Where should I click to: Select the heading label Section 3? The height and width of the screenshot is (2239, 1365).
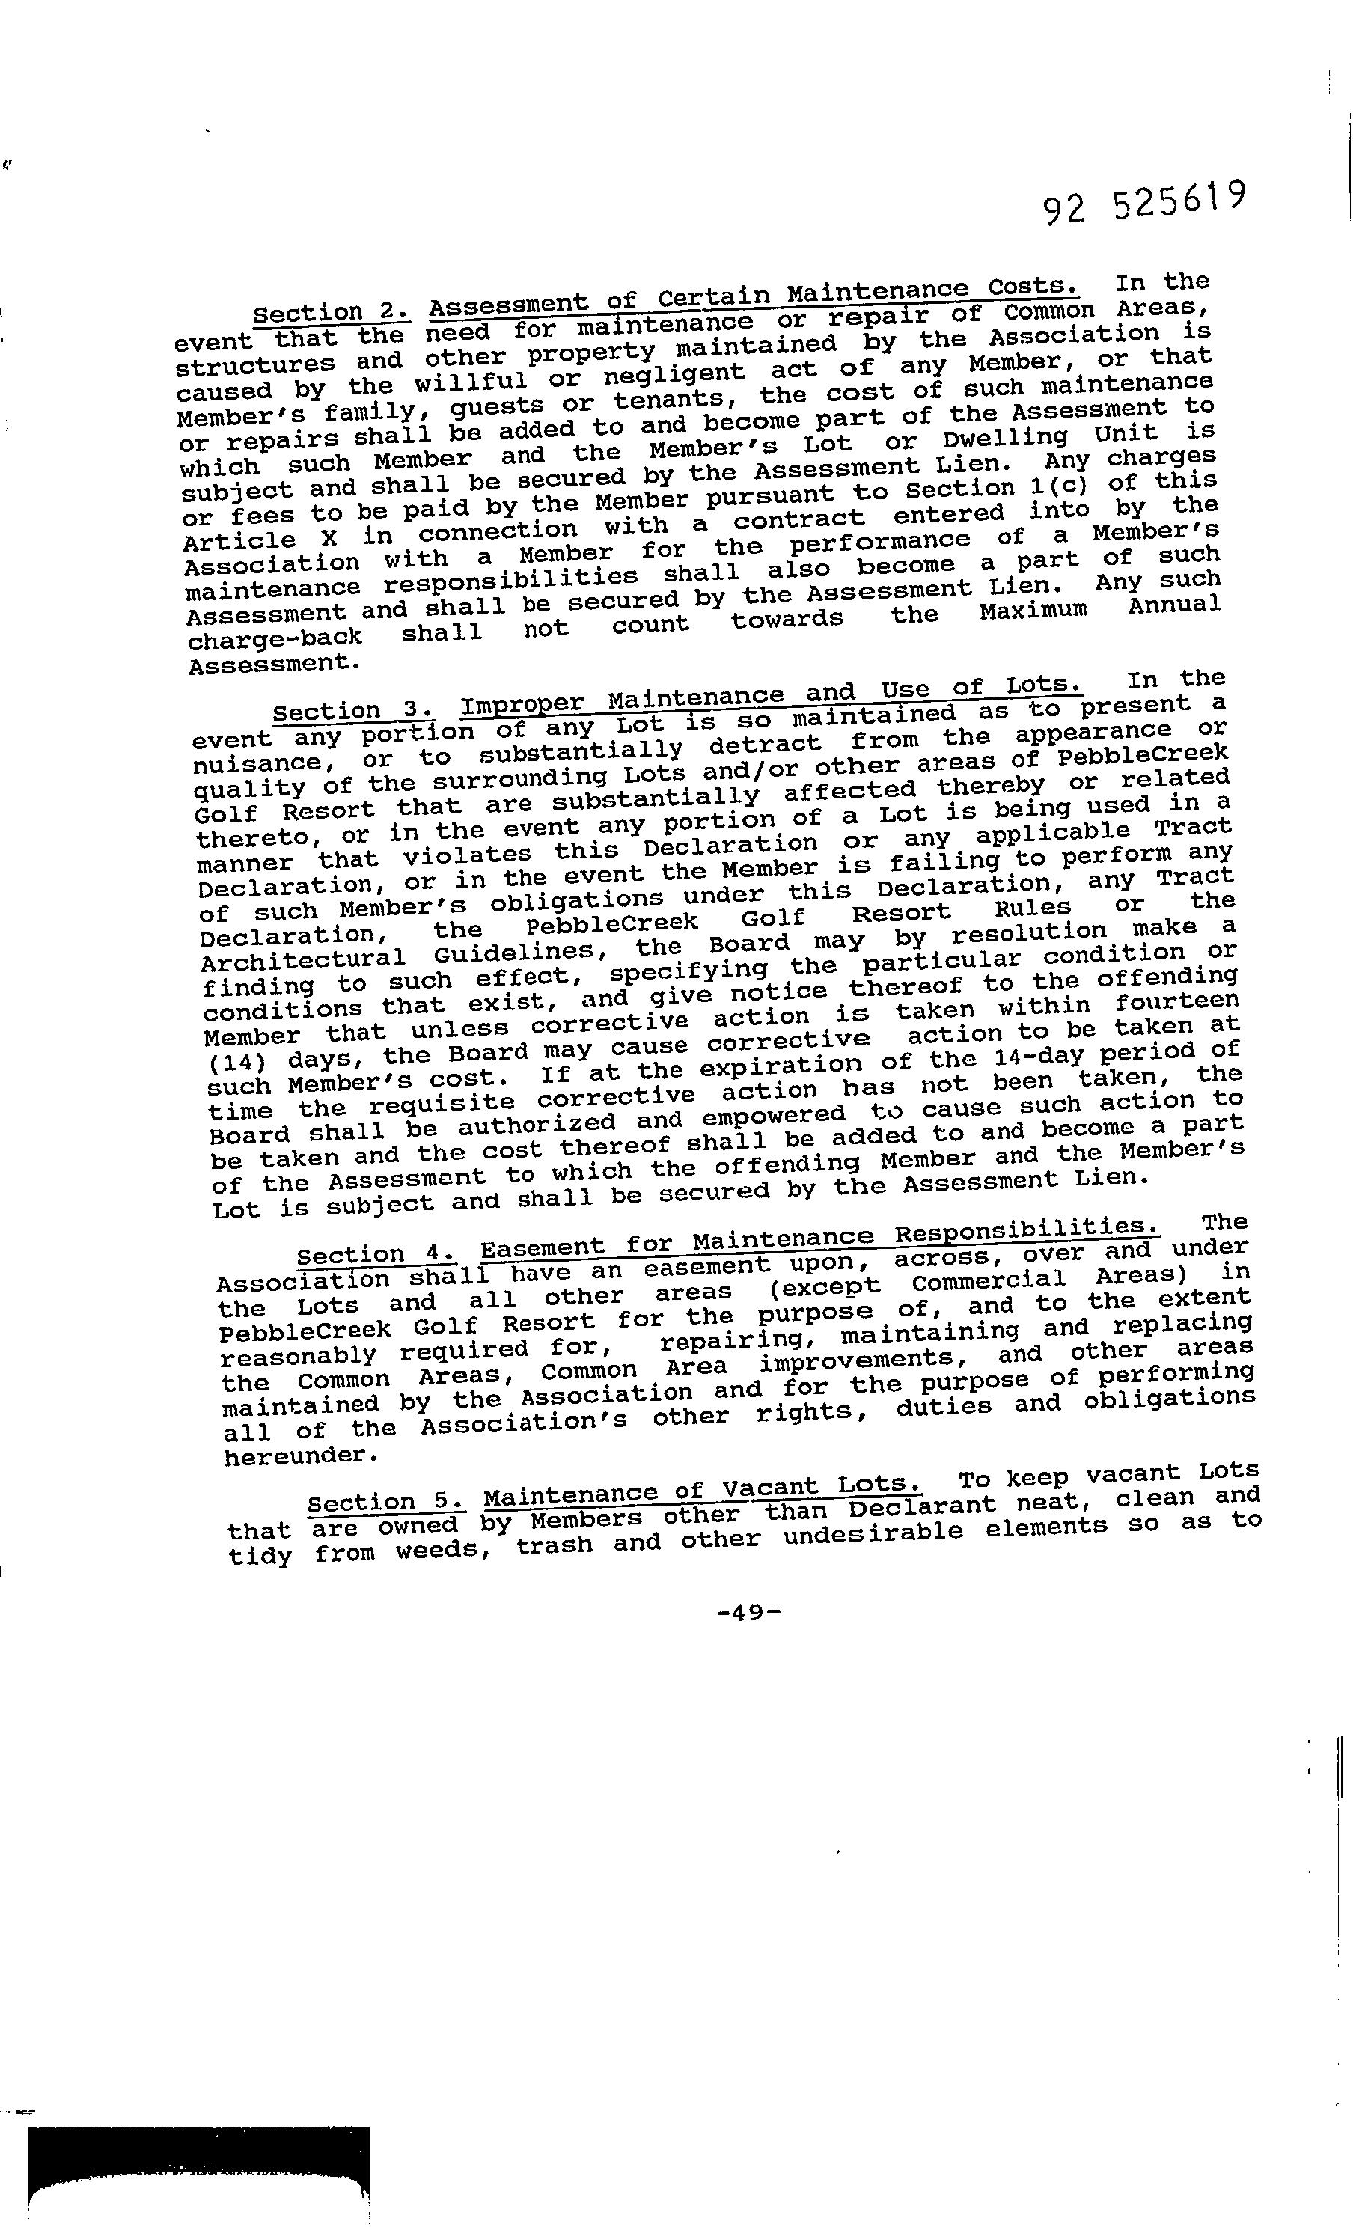(x=352, y=709)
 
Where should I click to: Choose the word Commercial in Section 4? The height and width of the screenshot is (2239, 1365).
(x=989, y=1280)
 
